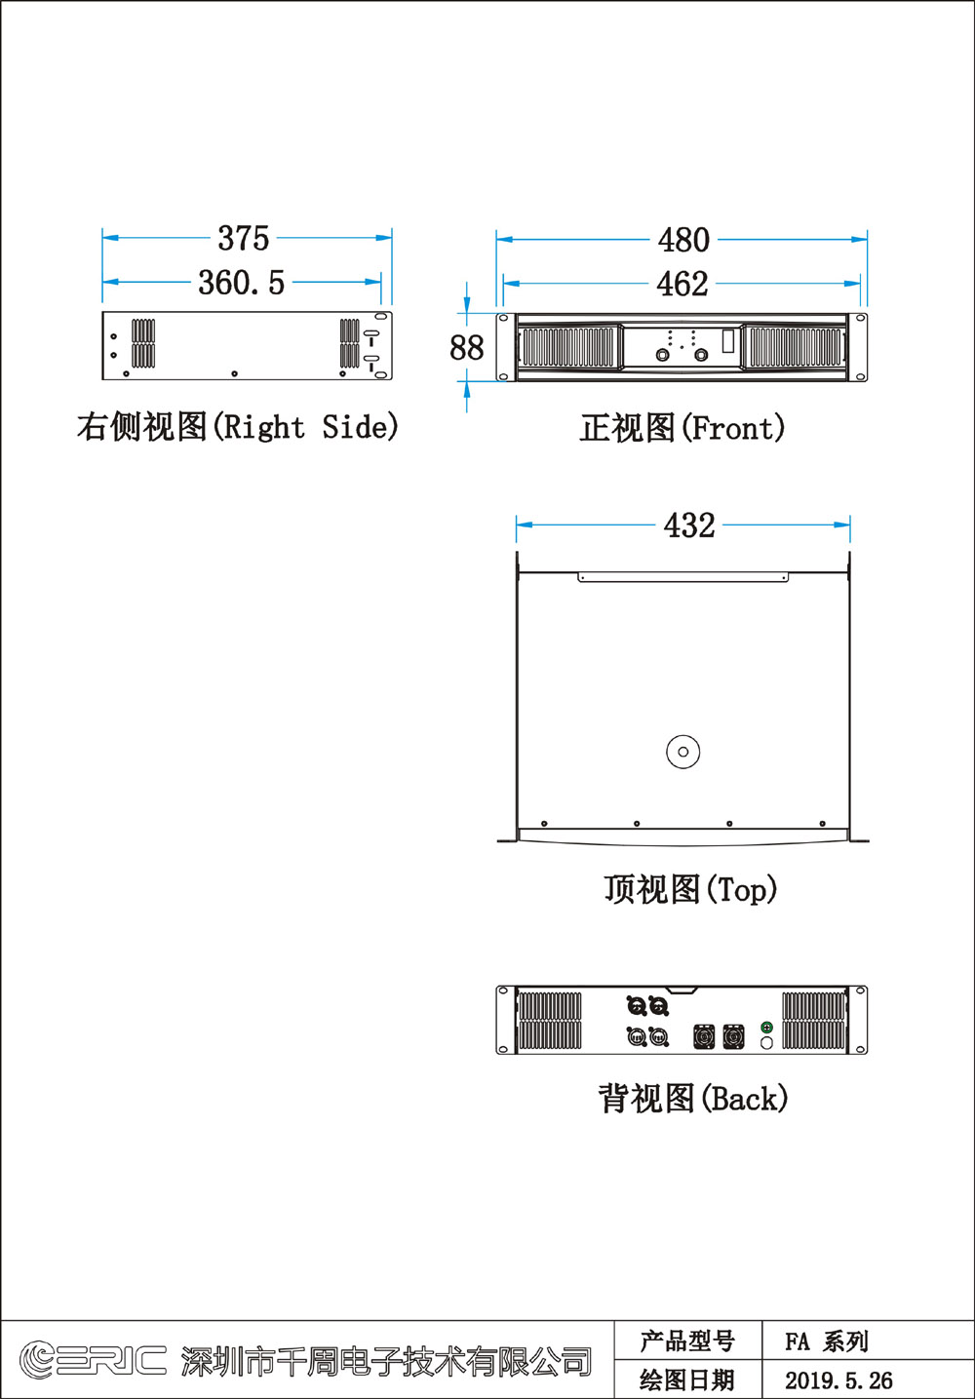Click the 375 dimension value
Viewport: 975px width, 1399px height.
tap(244, 238)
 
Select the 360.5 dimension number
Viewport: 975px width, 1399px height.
tap(242, 283)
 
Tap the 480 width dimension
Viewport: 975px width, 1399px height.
tap(683, 240)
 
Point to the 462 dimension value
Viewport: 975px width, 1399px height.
tap(682, 284)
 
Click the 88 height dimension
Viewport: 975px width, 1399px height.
tap(467, 347)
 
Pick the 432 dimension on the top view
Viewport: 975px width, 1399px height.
tap(689, 525)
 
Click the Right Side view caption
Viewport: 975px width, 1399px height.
tap(237, 427)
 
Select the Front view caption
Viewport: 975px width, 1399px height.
tap(682, 428)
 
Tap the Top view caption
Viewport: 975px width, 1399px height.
tap(691, 889)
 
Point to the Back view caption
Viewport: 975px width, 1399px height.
tap(693, 1099)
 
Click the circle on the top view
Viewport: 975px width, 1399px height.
tap(682, 736)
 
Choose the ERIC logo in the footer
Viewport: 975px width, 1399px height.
tap(93, 1360)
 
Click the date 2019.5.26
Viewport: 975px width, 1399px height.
tap(838, 1380)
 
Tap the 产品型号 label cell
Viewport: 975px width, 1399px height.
tap(687, 1341)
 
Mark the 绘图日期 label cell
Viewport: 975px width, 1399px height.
tap(687, 1380)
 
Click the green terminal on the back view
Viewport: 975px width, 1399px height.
tap(766, 1028)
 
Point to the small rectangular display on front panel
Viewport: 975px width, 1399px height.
tap(728, 340)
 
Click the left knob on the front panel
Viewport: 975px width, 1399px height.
tap(662, 355)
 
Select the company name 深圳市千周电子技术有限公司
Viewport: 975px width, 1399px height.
tap(386, 1362)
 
